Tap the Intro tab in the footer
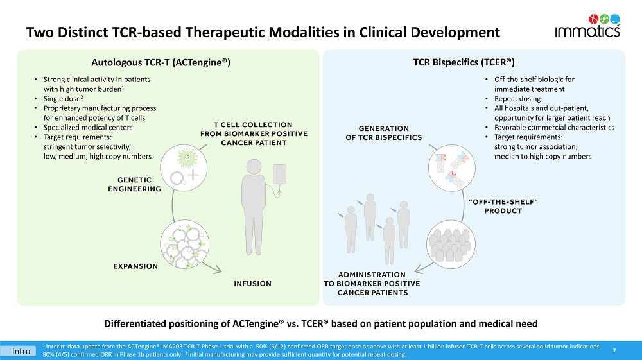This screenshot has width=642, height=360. click(23, 351)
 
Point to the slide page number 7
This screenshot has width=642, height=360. click(614, 350)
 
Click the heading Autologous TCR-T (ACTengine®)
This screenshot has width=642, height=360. click(161, 62)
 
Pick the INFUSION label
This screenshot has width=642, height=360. click(252, 283)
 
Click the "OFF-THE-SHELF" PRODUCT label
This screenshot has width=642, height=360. click(503, 206)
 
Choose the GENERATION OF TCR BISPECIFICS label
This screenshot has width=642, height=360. click(383, 133)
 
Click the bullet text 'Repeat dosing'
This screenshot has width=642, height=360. click(517, 99)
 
